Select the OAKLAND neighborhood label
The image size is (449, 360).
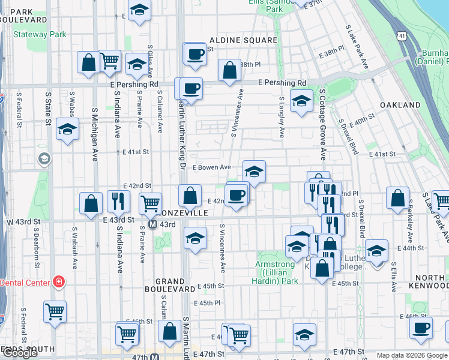tap(400, 105)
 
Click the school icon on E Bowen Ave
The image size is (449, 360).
tap(254, 172)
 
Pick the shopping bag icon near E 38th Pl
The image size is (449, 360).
tap(229, 70)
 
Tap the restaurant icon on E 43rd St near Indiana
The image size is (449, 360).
tap(118, 201)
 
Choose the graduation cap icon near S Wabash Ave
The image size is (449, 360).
tap(67, 129)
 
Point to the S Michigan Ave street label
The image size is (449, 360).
tap(95, 134)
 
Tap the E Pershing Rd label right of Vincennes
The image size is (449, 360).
tap(282, 83)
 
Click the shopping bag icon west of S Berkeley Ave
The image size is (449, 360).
tap(397, 198)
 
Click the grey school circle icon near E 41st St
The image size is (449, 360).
tap(44, 158)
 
